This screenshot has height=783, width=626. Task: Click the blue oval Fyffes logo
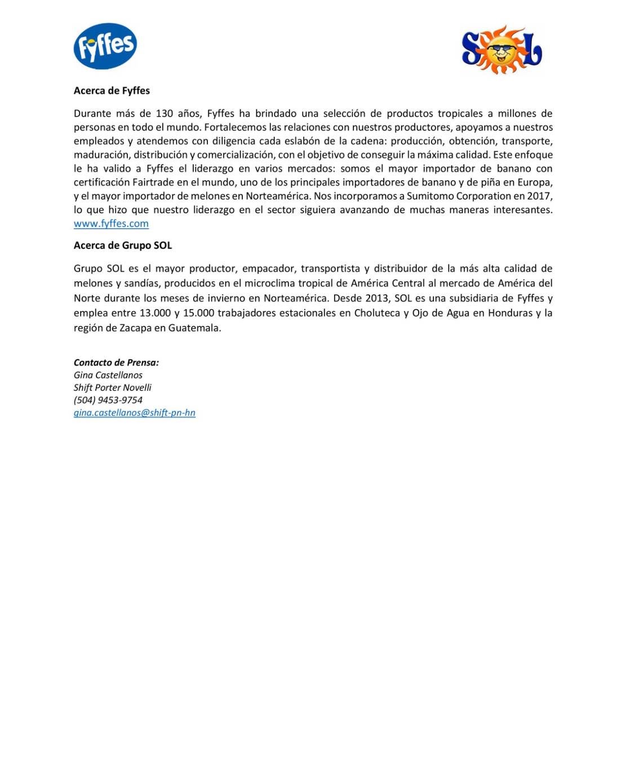pos(105,46)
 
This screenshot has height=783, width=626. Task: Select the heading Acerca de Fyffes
pos(112,91)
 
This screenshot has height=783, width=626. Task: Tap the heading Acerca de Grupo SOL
pos(123,245)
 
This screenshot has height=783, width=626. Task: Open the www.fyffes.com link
pos(111,223)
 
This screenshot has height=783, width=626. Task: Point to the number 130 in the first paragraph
pos(165,114)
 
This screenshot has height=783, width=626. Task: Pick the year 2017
pos(539,196)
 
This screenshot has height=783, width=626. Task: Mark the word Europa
pos(535,182)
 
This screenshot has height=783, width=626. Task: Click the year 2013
pos(376,298)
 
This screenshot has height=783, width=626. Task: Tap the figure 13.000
pos(155,313)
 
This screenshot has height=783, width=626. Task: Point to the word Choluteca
pos(376,313)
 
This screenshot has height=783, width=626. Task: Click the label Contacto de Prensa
pos(116,363)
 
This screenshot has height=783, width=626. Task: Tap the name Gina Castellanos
pos(108,375)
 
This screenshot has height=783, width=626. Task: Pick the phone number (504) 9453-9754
pos(108,400)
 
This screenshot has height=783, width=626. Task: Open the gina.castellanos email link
pos(135,413)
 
